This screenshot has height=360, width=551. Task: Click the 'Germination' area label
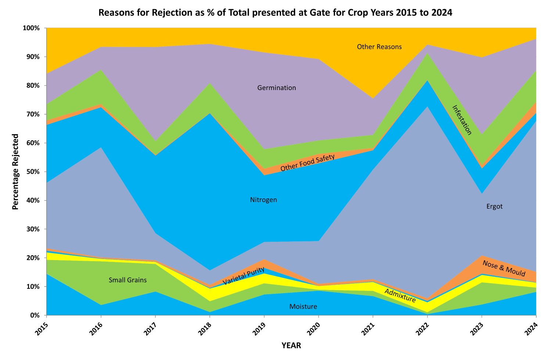(276, 88)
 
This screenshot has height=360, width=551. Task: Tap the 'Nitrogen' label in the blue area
(263, 200)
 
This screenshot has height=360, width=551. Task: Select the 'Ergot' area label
(494, 206)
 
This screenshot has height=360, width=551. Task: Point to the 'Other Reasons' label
(379, 47)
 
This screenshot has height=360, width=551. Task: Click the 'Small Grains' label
(127, 280)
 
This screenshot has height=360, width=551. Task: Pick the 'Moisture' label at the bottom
(303, 306)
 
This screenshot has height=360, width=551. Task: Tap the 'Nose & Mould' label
(504, 269)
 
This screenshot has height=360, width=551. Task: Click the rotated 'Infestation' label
(462, 120)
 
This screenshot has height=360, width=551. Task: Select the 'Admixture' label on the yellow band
(400, 295)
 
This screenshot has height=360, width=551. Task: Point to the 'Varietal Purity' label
(244, 276)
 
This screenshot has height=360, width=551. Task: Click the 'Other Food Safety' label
(307, 163)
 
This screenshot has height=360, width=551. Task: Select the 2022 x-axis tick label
(424, 328)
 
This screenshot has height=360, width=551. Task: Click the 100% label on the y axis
(31, 28)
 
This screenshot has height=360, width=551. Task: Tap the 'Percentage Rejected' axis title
(15, 172)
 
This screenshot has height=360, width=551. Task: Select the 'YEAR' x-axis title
(291, 345)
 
